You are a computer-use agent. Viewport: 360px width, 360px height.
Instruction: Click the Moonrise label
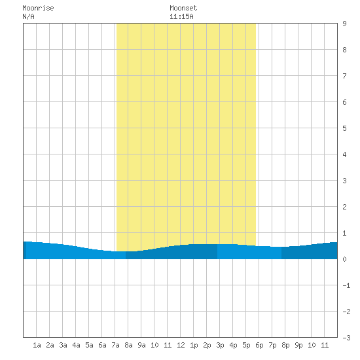point(38,8)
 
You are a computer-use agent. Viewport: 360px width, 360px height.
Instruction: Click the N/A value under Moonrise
point(28,16)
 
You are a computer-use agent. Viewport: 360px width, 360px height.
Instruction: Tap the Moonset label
point(183,8)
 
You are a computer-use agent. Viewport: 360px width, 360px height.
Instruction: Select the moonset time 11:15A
point(181,16)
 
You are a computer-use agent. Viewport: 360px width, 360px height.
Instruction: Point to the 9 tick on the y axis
point(344,24)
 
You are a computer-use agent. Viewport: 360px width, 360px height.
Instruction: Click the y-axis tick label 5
point(344,128)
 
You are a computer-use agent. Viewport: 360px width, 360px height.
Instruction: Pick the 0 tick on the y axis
point(344,259)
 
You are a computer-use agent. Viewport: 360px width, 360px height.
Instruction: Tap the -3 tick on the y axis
point(346,338)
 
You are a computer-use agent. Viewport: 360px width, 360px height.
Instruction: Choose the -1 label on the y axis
point(346,285)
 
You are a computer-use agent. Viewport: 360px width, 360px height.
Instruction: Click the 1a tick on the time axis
point(37,345)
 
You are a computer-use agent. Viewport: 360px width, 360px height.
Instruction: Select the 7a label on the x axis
point(115,345)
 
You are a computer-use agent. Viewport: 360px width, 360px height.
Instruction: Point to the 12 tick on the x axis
point(181,345)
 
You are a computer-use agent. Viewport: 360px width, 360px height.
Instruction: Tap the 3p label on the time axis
point(220,345)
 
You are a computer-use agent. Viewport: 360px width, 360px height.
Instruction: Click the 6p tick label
point(259,345)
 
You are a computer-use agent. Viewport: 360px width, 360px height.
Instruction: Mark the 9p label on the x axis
point(298,345)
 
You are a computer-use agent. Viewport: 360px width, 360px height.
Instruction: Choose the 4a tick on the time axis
point(76,345)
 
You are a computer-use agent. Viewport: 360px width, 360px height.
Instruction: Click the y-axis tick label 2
point(344,207)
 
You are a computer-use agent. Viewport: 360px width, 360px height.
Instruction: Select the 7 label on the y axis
point(344,76)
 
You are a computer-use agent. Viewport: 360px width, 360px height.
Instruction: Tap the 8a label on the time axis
point(128,345)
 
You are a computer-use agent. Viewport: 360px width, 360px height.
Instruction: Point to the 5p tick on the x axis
point(246,345)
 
